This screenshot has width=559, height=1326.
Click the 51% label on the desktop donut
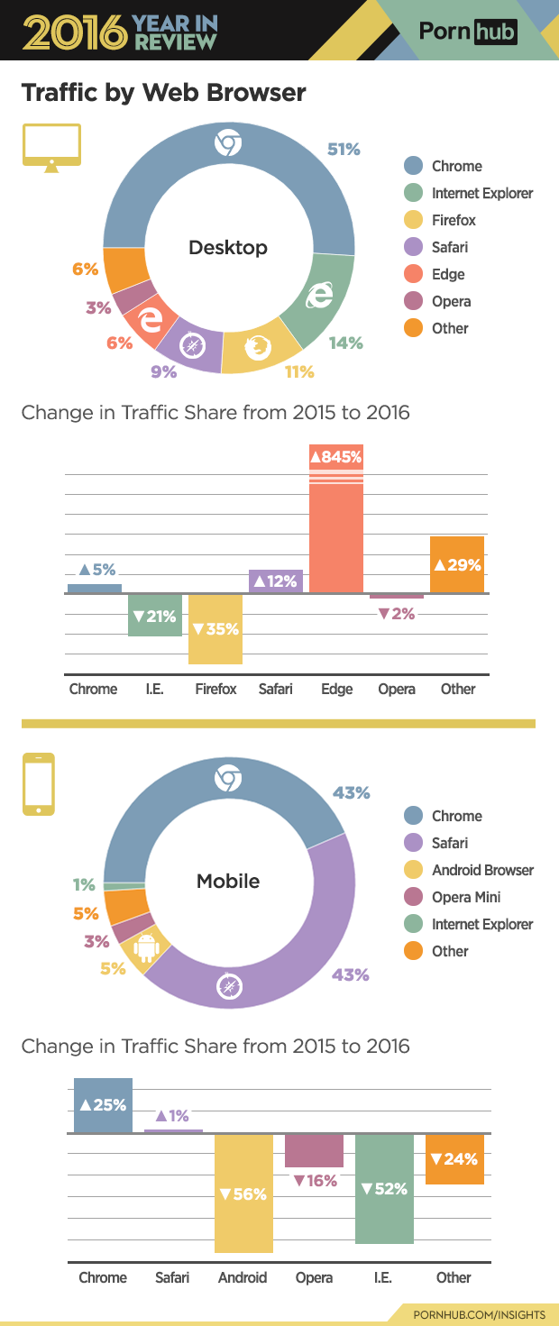pos(344,150)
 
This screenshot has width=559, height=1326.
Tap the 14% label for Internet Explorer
pos(345,343)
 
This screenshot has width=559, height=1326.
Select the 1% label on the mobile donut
pos(84,884)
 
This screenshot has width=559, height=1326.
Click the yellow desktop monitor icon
pos(51,148)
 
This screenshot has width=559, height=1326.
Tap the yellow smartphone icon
pos(38,784)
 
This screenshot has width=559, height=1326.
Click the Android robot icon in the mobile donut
pos(145,947)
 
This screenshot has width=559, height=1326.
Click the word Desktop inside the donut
pos(228,247)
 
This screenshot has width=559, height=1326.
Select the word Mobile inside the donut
pos(228,881)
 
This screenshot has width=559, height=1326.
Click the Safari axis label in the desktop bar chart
pos(275,689)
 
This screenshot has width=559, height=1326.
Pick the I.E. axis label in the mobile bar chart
pos(383,1277)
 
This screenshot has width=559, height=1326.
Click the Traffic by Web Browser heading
pos(163,93)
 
